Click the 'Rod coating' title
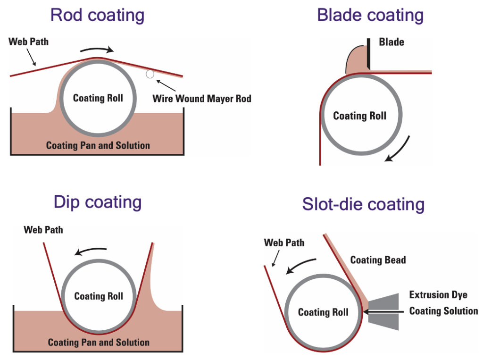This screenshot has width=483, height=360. point(97,15)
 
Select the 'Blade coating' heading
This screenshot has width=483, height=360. point(370,15)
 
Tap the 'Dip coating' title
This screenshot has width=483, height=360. point(97,202)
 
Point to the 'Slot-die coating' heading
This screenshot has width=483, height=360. point(363,205)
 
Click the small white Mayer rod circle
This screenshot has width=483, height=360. point(150,74)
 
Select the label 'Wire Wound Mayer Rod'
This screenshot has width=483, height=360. point(202,99)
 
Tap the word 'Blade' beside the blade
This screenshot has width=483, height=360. point(391,42)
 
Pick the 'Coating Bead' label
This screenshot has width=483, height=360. point(378,260)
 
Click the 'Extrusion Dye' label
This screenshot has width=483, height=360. point(438,295)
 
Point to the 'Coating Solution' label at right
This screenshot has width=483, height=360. point(443,311)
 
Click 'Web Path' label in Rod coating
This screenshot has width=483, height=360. point(28,42)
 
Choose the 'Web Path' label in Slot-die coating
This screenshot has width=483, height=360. point(284,243)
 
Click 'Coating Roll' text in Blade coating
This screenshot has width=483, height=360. point(359,116)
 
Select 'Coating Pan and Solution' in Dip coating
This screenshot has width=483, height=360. point(99,342)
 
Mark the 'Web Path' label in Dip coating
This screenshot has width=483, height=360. point(43,230)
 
